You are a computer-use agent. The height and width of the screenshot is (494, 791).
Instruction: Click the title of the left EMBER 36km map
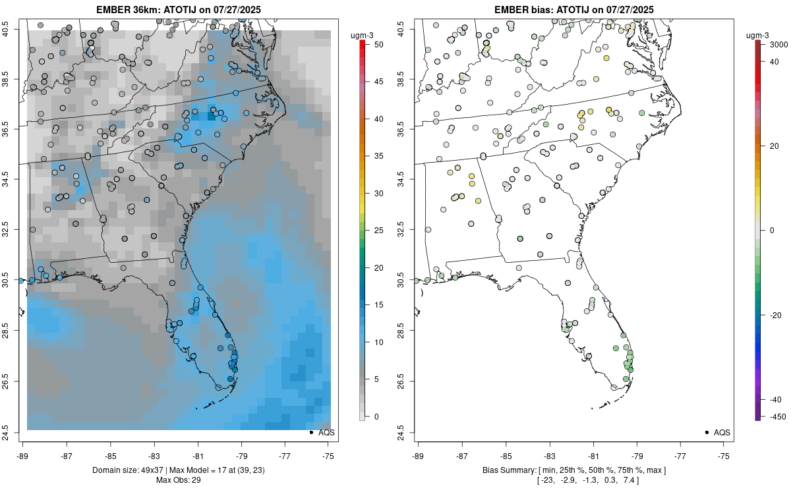[178, 9]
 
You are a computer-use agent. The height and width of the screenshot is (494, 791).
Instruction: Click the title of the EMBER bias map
[574, 9]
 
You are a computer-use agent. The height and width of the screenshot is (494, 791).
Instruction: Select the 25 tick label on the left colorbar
[378, 231]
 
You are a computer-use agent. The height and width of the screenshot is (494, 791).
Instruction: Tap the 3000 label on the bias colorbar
[775, 44]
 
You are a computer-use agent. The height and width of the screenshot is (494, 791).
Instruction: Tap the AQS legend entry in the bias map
[717, 433]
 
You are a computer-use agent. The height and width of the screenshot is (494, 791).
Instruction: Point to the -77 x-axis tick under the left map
[285, 455]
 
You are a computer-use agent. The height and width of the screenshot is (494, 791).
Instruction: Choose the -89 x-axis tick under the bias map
[419, 455]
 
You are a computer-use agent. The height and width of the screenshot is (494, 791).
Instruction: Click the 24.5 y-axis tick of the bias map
[409, 433]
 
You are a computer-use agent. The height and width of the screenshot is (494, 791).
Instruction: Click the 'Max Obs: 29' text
[178, 480]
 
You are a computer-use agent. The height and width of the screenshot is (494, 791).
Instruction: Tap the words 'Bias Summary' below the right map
[509, 470]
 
